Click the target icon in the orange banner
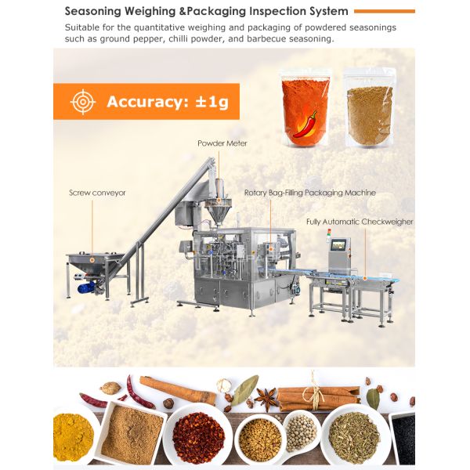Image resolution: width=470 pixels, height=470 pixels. [83, 102]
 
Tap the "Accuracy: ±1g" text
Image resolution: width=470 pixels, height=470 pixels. [168, 102]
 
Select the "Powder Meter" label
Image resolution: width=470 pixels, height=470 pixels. [222, 143]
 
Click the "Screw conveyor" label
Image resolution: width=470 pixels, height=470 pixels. [97, 193]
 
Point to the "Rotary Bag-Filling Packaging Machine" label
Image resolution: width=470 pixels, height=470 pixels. [310, 193]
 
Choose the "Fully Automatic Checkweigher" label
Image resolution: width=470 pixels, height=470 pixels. [360, 222]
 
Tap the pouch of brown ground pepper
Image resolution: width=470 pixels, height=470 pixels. [369, 107]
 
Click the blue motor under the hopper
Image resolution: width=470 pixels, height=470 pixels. [86, 287]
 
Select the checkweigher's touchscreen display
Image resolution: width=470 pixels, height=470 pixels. [341, 245]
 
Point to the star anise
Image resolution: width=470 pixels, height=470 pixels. [266, 399]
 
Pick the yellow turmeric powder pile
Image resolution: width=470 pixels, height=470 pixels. [72, 437]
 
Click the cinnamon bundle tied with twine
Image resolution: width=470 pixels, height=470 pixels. [318, 399]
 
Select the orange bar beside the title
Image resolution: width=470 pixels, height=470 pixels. [385, 12]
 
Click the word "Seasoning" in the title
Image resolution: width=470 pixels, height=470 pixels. [92, 12]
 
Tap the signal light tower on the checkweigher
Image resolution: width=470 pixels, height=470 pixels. [329, 235]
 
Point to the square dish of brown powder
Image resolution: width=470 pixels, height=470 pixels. [132, 432]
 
